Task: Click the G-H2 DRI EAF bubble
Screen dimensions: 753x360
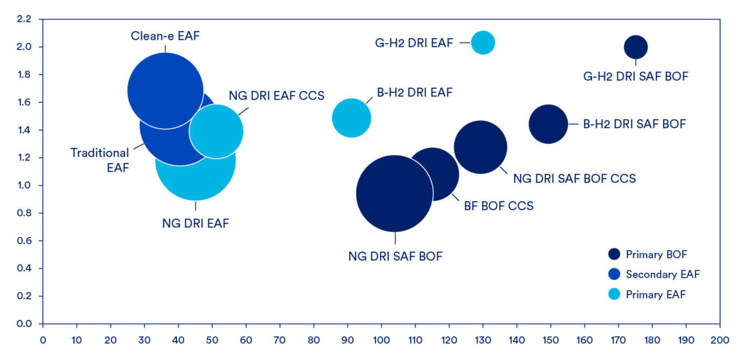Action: click(483, 43)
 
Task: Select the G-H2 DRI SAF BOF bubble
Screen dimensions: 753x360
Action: click(636, 47)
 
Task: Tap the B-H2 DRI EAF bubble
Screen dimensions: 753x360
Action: click(352, 118)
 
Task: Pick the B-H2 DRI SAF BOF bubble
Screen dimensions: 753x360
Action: click(548, 124)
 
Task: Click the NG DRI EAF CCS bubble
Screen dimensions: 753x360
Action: click(216, 131)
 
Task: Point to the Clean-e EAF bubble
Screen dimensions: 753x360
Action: click(166, 91)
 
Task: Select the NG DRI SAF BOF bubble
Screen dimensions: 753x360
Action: click(395, 194)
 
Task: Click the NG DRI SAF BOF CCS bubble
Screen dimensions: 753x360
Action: click(480, 147)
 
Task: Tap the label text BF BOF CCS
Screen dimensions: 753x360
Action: click(499, 206)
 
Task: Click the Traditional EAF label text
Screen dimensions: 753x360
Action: click(100, 160)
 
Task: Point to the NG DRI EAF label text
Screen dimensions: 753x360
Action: click(195, 223)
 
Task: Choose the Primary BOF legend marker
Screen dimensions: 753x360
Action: click(614, 254)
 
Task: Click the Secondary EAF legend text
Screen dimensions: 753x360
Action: click(663, 274)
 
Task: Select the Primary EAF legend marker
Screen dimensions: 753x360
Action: click(614, 294)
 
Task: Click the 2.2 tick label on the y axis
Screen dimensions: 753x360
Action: click(24, 19)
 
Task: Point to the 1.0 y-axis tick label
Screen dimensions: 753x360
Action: click(24, 186)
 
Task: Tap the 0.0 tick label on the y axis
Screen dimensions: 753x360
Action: click(24, 323)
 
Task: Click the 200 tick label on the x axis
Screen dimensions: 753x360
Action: click(720, 340)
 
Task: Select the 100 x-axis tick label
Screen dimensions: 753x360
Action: click(381, 340)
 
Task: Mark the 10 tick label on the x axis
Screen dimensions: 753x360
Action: click(76, 340)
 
